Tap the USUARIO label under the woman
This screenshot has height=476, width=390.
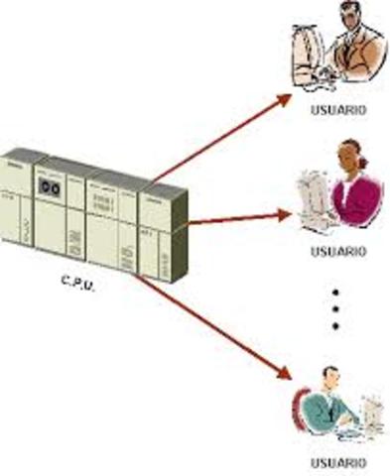click(338, 251)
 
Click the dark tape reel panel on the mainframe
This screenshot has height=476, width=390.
click(49, 185)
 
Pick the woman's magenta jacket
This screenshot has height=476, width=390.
click(357, 198)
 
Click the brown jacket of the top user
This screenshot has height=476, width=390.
click(362, 55)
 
